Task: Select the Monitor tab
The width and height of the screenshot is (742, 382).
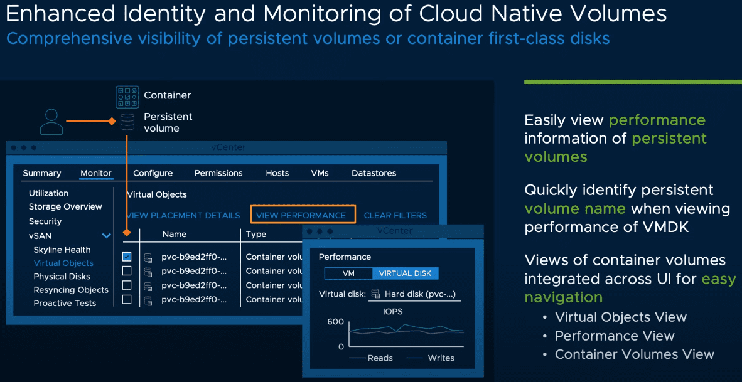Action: (x=96, y=173)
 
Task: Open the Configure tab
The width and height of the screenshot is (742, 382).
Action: (x=153, y=173)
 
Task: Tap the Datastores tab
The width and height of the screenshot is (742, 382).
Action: (x=374, y=173)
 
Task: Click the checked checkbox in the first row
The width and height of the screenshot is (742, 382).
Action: (x=127, y=257)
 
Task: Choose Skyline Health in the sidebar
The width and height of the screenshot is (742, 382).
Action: (x=62, y=250)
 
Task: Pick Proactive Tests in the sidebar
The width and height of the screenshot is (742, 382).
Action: (x=65, y=303)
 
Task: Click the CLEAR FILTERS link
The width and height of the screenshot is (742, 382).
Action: (x=395, y=215)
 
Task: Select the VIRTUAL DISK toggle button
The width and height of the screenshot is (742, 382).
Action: (x=405, y=273)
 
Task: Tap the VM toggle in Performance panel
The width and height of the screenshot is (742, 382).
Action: (x=348, y=273)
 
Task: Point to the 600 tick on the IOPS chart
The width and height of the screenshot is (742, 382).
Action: (x=336, y=322)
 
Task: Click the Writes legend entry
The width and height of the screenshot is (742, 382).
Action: (x=441, y=358)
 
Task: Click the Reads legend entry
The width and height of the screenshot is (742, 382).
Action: (x=380, y=358)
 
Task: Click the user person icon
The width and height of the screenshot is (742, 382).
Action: (x=51, y=122)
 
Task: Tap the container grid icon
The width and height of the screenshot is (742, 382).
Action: (x=127, y=97)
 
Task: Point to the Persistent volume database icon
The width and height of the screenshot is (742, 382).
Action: (x=127, y=122)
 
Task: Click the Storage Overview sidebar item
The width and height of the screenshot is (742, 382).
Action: (x=65, y=206)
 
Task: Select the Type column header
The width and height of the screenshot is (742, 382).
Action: (x=256, y=234)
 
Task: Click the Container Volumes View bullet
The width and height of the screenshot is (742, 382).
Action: (x=634, y=354)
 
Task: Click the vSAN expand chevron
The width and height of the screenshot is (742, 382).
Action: (x=106, y=236)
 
